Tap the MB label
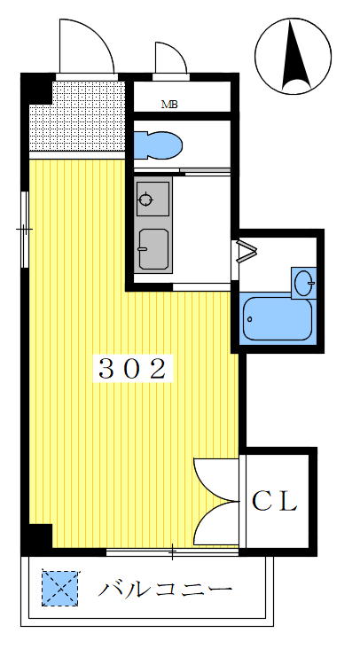click(169, 105)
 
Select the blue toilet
click(158, 145)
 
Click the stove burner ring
click(145, 199)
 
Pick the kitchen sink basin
click(153, 249)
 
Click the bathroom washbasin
click(305, 283)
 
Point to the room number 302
click(132, 369)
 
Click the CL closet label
click(274, 501)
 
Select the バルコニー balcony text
click(165, 589)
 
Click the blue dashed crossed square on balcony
click(60, 589)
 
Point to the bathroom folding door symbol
click(247, 251)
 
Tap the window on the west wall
click(25, 230)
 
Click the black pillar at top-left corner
click(37, 88)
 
